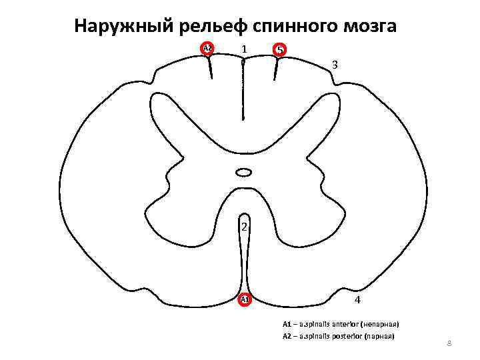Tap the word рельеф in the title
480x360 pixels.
point(211,27)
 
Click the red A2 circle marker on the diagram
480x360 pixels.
point(207,49)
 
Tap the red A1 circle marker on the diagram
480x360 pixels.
point(245,299)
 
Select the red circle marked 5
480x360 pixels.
point(280,50)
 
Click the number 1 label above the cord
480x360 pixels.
point(245,49)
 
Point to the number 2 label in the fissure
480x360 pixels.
point(245,227)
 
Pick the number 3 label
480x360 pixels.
point(335,65)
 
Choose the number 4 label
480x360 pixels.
point(358,300)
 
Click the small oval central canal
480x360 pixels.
point(244,173)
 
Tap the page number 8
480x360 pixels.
point(449,343)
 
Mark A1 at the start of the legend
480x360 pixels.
point(287,324)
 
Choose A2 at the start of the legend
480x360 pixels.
point(287,336)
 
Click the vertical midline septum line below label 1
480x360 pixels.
point(244,93)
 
